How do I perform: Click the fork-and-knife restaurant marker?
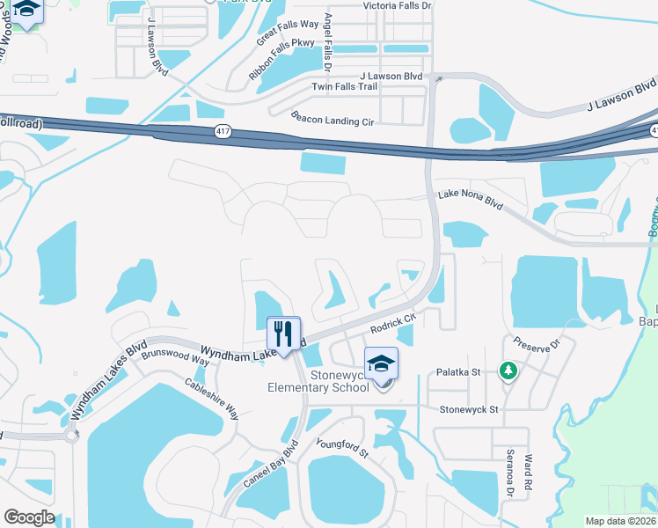283,334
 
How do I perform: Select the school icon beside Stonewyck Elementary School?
382,364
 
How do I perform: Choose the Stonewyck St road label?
469,409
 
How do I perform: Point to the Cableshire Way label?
211,397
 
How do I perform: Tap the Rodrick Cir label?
392,325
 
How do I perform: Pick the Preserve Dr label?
537,341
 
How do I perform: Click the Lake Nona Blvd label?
470,199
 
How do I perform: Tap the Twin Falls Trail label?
344,86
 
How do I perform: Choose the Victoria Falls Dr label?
398,5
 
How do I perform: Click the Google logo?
28,517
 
